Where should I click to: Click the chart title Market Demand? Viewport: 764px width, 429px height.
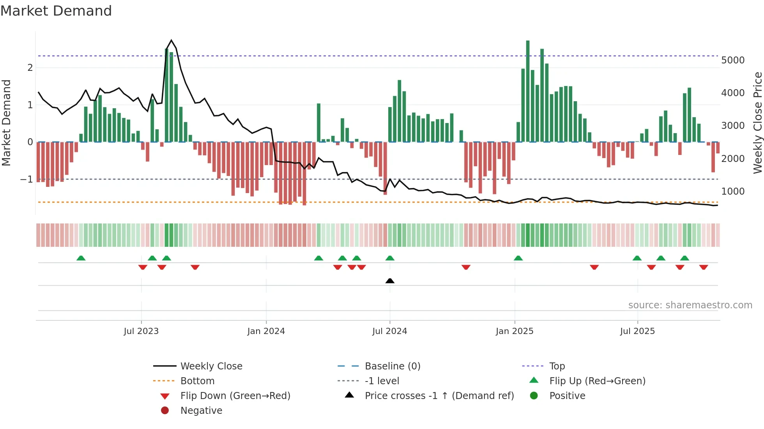56,11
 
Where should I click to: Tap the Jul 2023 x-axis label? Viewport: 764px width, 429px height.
141,331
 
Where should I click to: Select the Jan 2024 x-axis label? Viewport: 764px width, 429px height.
266,331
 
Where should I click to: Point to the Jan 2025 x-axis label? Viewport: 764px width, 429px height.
515,331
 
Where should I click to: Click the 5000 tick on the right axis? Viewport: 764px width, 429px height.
733,60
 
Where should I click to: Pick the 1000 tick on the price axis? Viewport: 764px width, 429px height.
733,192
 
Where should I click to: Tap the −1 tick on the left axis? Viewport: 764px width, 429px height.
27,179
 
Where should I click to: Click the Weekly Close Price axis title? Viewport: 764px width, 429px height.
757,123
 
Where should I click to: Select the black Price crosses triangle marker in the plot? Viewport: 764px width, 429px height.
390,281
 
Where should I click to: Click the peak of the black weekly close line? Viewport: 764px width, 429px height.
172,40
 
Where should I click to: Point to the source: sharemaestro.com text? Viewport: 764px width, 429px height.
690,305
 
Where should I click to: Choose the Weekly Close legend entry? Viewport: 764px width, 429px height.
211,366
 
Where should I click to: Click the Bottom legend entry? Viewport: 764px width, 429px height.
197,381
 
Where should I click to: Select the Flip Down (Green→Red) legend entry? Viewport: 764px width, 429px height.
235,396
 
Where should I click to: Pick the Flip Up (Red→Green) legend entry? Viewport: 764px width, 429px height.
597,381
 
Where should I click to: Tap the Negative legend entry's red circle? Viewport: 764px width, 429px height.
165,411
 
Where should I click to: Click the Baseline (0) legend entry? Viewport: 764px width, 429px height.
392,366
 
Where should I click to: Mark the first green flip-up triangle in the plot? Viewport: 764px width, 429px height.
81,258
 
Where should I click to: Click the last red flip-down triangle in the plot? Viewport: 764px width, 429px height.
704,267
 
